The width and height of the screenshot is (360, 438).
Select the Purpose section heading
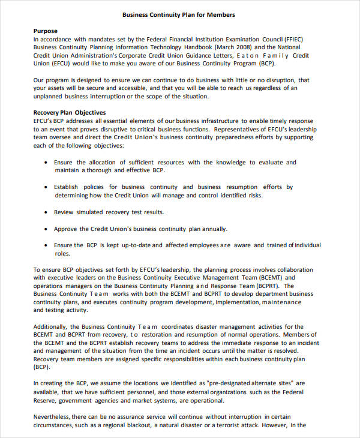tap(46, 31)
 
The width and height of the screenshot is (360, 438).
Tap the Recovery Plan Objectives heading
tap(70, 112)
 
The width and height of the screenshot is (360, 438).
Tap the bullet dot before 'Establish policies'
tap(47, 187)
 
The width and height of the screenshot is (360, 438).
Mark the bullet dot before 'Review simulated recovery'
tap(47, 212)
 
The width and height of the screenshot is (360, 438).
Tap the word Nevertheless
tap(55, 416)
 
